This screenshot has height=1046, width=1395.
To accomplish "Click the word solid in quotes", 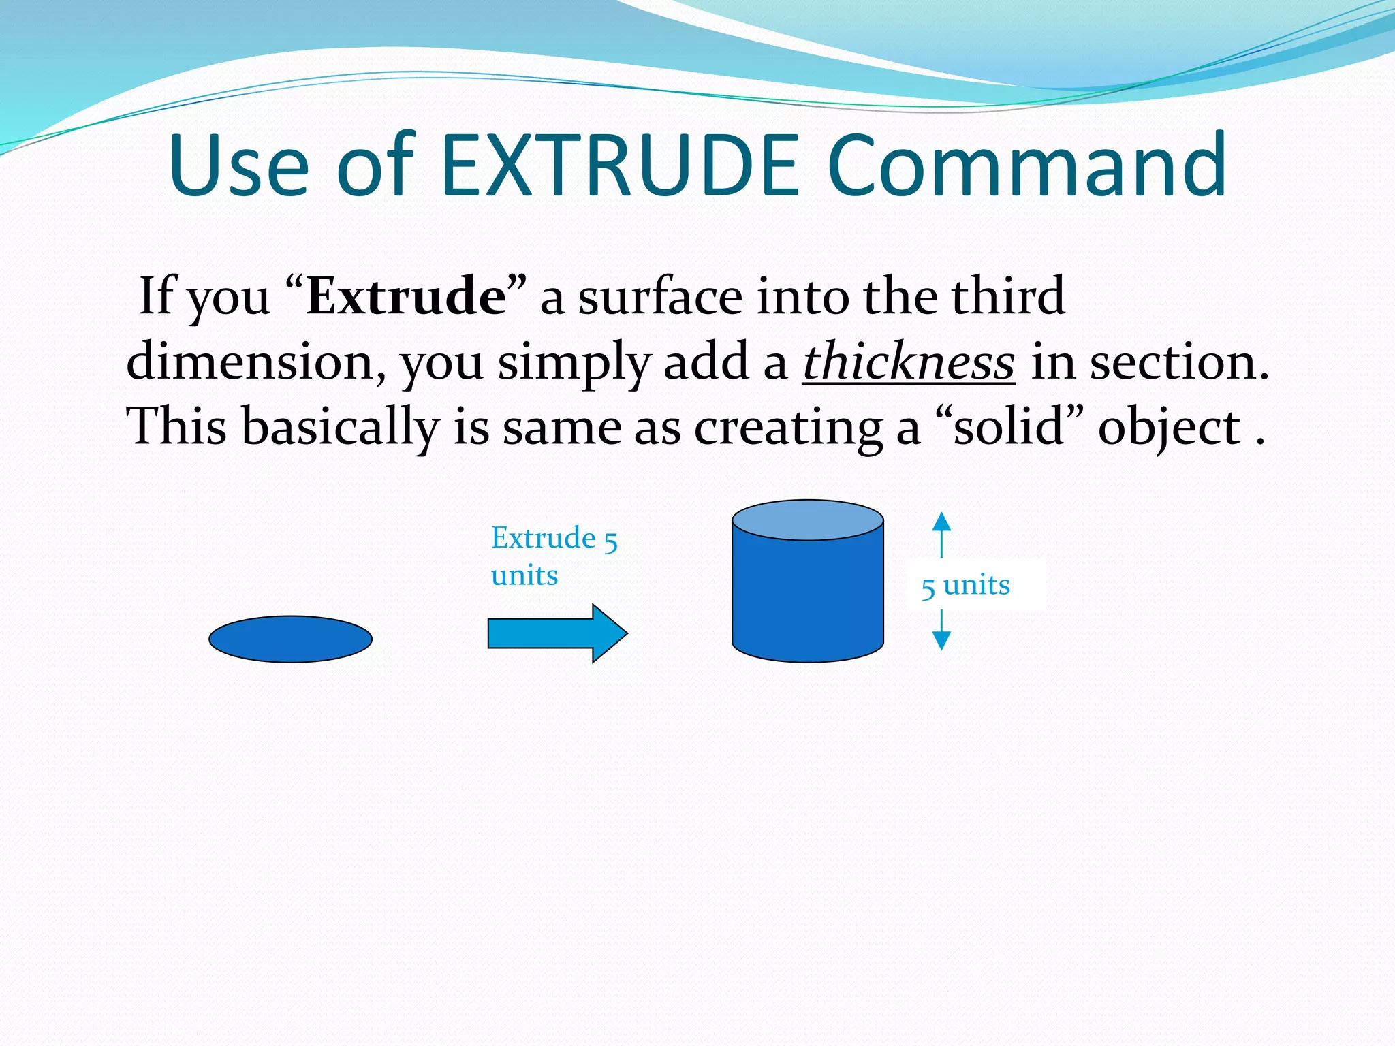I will click(1009, 427).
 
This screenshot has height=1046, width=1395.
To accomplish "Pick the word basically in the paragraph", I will click(341, 427).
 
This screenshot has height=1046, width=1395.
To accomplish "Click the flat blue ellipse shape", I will click(290, 639).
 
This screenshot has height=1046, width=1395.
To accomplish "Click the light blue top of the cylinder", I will click(808, 520).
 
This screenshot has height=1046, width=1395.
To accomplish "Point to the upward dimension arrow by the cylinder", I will click(941, 533).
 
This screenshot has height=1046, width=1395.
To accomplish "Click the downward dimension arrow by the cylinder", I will click(941, 632).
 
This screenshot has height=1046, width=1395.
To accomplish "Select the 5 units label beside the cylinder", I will click(966, 585).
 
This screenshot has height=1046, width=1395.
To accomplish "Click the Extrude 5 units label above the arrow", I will click(553, 556).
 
